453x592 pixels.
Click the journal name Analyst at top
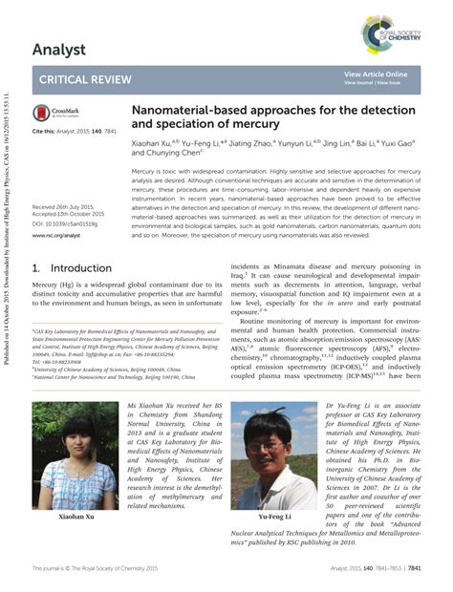(59, 49)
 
